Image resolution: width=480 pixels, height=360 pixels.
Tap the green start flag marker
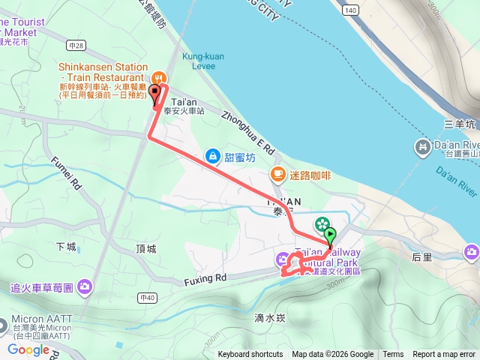331,235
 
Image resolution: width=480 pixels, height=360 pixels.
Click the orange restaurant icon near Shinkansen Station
158,77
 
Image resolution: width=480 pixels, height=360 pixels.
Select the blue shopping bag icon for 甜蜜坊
213,156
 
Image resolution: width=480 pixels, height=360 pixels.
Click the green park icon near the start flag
322,223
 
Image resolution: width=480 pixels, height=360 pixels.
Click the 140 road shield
350,11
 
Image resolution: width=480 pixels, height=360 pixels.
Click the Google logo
28,349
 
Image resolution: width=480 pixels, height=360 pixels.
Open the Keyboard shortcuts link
250,355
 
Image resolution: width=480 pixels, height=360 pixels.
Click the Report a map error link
444,355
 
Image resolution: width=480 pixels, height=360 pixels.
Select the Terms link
393,355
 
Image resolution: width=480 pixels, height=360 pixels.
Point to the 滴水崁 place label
271,317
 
